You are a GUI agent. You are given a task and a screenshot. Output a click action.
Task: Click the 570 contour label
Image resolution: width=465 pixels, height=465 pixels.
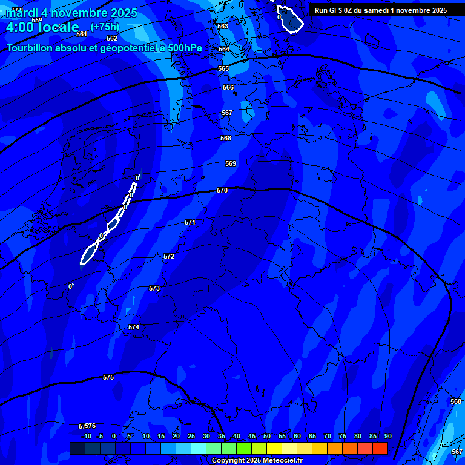tap(222, 190)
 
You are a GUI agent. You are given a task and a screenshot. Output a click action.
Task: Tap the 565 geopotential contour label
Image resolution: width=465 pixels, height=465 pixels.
tap(223, 68)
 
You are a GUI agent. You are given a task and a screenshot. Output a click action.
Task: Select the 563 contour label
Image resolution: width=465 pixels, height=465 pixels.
tap(223, 26)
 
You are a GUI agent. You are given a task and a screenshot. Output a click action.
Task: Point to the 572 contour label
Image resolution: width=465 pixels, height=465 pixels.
tap(169, 256)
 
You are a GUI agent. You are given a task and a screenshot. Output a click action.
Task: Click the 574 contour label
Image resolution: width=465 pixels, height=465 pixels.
tap(134, 327)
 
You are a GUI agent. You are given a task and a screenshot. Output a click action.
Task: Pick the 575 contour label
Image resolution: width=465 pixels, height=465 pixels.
tap(108, 377)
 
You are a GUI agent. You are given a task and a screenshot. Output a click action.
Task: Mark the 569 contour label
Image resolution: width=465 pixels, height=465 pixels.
tap(231, 163)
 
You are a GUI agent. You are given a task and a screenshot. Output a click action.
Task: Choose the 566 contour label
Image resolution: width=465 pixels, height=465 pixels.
tap(228, 87)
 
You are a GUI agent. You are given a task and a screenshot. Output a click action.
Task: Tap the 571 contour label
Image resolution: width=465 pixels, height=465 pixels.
tap(190, 222)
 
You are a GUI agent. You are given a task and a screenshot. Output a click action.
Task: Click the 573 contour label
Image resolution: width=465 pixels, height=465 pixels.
tap(154, 288)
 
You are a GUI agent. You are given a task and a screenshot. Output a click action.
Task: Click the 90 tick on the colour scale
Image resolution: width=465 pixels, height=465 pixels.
tap(387, 436)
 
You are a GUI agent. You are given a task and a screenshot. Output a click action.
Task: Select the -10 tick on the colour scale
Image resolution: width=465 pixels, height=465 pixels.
tap(86, 436)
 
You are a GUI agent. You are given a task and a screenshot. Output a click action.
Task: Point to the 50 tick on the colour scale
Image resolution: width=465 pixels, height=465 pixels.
tap(267, 436)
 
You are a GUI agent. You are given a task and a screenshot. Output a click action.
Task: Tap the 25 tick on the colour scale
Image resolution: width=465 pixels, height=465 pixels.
tap(191, 436)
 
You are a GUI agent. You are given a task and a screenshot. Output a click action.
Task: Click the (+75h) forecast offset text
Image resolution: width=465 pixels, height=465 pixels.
tap(105, 27)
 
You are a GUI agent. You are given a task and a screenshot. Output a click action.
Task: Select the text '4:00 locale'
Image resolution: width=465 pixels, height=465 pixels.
tap(42, 27)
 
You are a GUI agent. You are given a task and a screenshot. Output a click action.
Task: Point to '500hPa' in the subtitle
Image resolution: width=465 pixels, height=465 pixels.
tap(184, 48)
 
